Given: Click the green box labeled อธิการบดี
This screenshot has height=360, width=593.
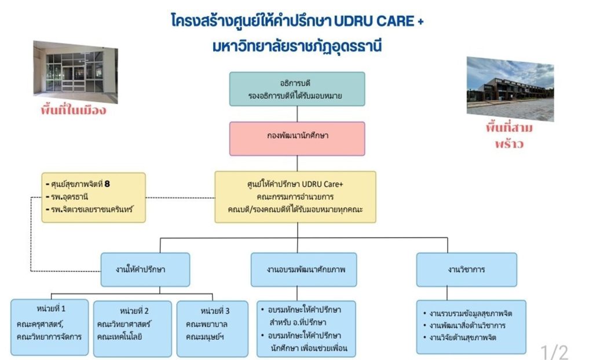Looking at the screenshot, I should pos(297,89).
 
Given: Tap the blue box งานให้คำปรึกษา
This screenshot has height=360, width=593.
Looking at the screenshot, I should pos(145,269).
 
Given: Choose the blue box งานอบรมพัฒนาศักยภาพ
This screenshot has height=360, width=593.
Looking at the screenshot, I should pos(303,269).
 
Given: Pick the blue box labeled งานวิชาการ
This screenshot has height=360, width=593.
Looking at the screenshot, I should pos(466,269).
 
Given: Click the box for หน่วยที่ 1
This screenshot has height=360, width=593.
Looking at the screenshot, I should pos(49,327).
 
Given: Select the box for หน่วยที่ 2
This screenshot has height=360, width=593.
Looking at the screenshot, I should pos(132,328).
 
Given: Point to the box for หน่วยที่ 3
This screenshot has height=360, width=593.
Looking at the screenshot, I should pos(212,328).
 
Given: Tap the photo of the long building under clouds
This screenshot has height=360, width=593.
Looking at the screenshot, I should pos(510,88).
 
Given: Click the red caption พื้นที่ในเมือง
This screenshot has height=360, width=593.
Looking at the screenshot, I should pos(74,110).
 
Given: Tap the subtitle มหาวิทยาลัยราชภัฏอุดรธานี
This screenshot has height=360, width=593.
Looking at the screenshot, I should pos(297,46).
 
